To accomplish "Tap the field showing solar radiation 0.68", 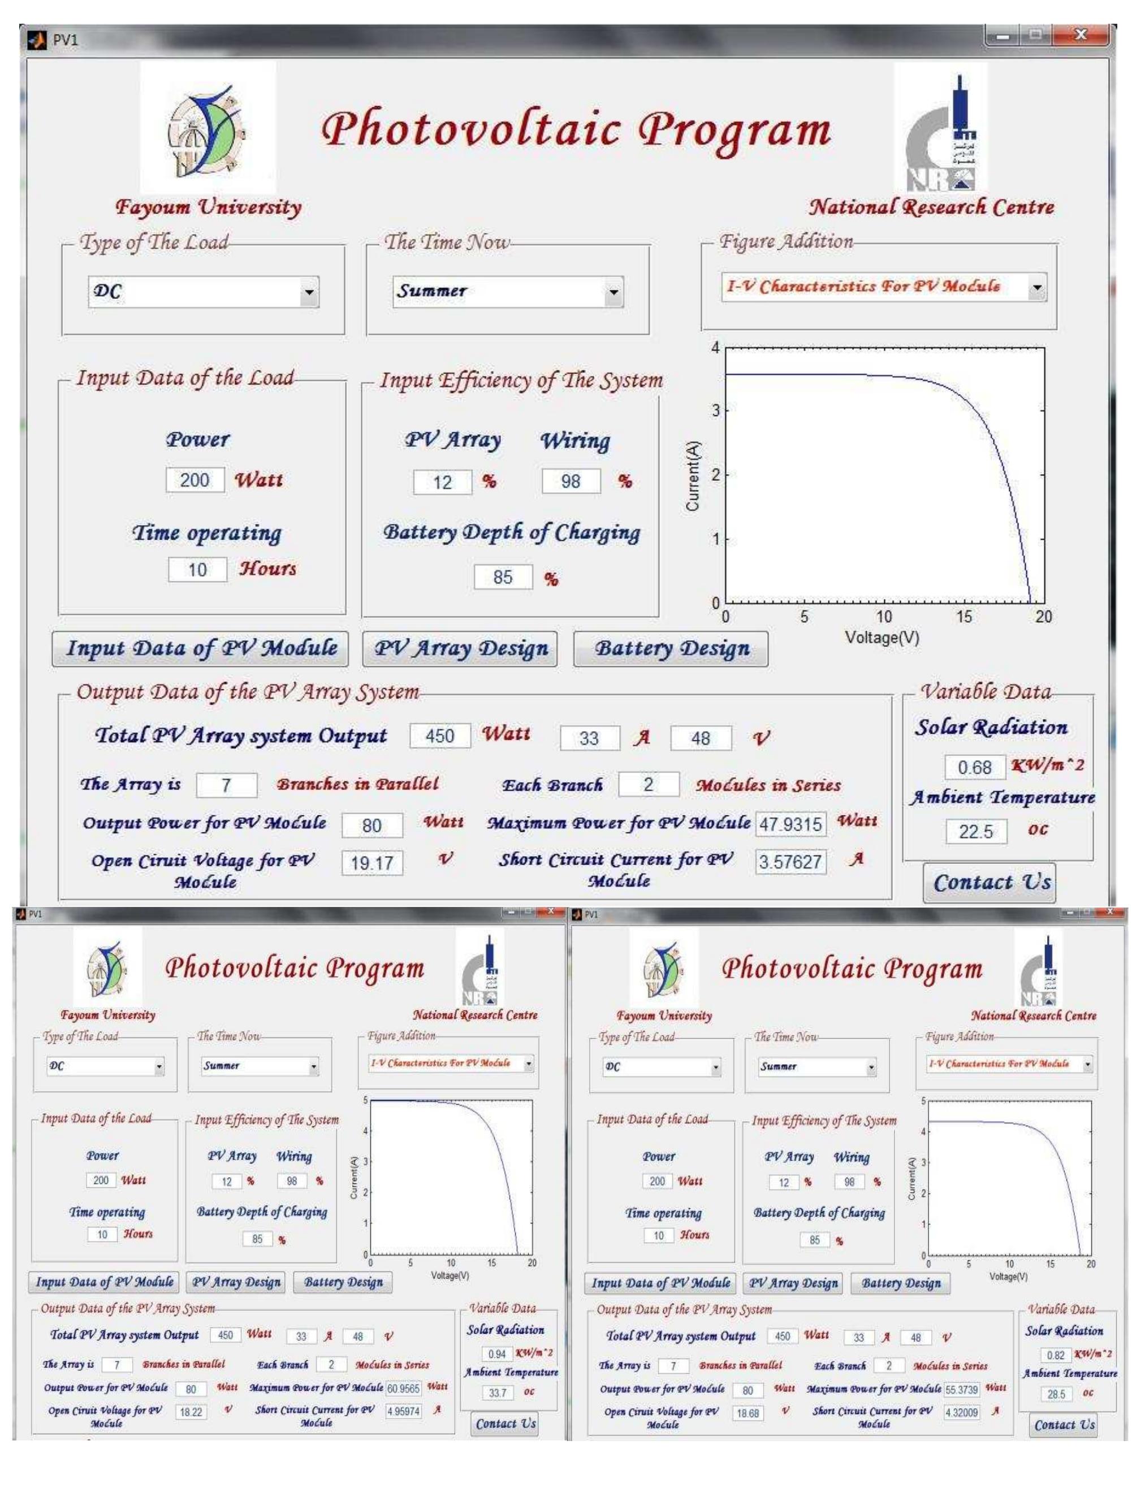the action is [x=975, y=767].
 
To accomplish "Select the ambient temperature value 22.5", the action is [x=975, y=831].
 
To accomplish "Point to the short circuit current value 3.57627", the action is [x=790, y=862].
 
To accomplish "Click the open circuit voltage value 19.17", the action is [x=372, y=863].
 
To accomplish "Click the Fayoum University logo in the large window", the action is [x=208, y=128].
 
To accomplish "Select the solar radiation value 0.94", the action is [x=496, y=1353].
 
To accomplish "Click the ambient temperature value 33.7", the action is [x=497, y=1392].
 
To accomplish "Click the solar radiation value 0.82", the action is [x=1055, y=1355].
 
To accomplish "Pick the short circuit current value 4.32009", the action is [x=960, y=1412].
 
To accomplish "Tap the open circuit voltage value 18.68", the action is [x=747, y=1413].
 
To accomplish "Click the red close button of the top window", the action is [x=1080, y=34].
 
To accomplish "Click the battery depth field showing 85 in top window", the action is [x=503, y=578].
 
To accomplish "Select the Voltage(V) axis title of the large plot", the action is [x=882, y=638].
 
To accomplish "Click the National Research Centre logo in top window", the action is [x=941, y=128].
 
